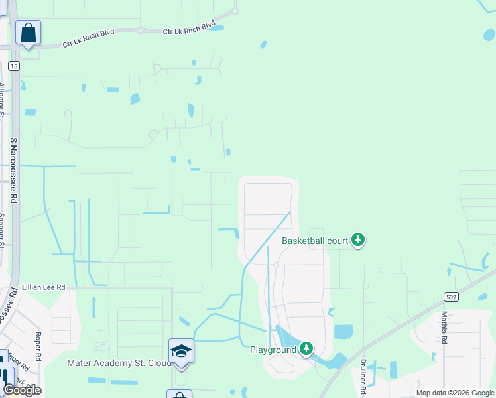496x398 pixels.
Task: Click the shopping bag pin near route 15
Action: click(28, 33)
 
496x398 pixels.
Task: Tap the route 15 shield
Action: click(13, 66)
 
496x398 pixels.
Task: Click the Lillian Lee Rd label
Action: click(44, 287)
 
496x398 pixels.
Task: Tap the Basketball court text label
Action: click(315, 241)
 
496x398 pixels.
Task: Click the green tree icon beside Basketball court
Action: click(358, 239)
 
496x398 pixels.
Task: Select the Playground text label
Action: click(273, 350)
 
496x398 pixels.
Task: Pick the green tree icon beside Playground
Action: click(306, 348)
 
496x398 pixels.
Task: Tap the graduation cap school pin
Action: click(181, 350)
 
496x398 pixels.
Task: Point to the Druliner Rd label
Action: click(363, 373)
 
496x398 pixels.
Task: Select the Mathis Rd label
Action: click(444, 328)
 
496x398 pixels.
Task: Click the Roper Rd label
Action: click(38, 346)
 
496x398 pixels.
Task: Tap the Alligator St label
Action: click(2, 100)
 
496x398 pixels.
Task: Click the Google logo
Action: click(22, 389)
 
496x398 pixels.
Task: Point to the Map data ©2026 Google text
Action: click(455, 393)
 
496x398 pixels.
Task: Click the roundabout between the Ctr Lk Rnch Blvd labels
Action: click(141, 30)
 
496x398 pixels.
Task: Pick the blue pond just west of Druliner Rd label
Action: click(343, 332)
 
